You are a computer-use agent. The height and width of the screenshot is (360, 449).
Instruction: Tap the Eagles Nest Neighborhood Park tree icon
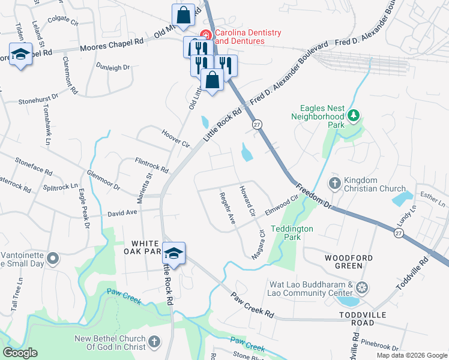click(x=354, y=115)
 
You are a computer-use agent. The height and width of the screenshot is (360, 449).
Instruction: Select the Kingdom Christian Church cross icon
click(x=335, y=182)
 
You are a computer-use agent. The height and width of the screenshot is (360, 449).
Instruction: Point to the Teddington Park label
click(x=292, y=233)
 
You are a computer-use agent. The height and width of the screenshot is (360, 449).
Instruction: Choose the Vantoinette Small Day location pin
click(x=53, y=259)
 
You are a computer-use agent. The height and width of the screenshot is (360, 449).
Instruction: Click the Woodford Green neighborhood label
click(x=345, y=262)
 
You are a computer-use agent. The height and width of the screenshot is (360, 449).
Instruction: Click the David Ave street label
click(x=123, y=213)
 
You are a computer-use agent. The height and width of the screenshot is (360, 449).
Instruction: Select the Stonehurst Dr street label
click(x=38, y=98)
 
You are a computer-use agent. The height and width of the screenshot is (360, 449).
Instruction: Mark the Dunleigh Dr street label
click(x=113, y=67)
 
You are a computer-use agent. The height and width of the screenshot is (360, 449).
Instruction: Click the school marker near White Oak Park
click(x=174, y=253)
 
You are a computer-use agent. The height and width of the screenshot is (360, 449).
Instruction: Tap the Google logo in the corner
click(x=20, y=353)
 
